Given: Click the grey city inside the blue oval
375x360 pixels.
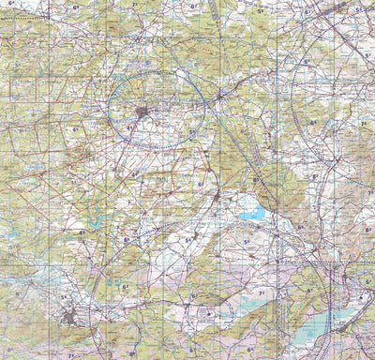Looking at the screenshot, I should pos(142,113).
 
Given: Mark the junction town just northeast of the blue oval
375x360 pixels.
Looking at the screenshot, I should pos(220,95).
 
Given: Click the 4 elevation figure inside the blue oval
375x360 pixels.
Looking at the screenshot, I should pos(128,127).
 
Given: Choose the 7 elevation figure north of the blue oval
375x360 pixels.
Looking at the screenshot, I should pos(134,6).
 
